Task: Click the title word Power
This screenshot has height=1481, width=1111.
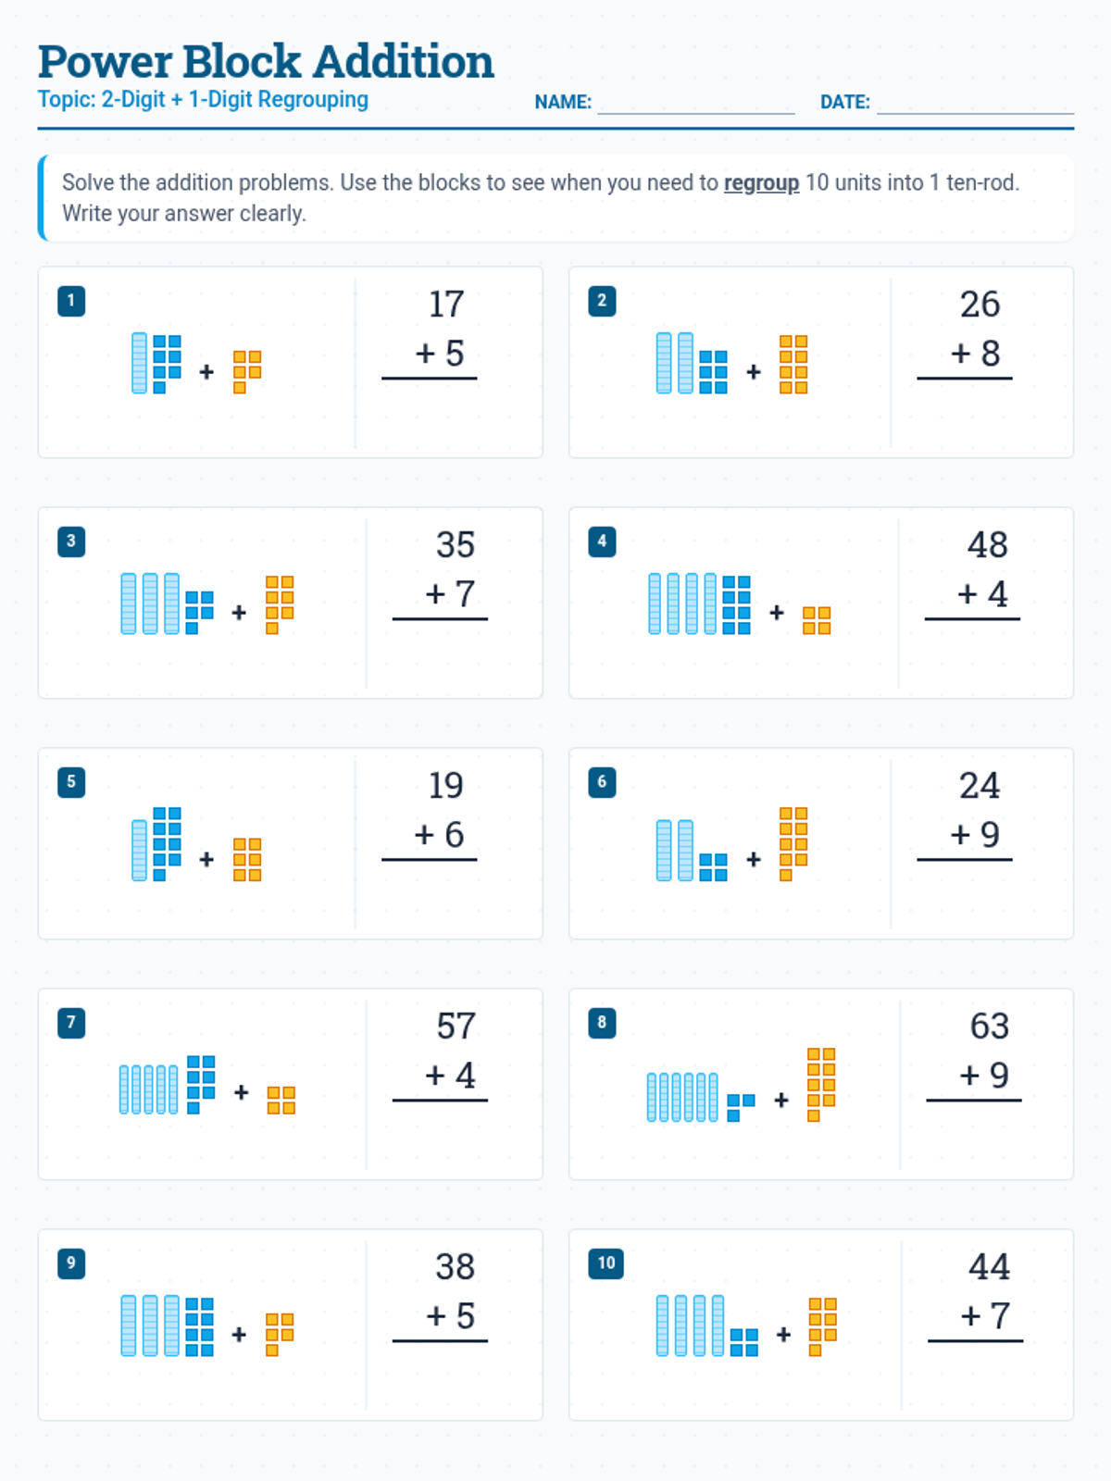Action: point(105,62)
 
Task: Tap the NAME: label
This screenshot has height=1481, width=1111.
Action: point(563,103)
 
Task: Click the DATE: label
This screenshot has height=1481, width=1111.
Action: point(844,103)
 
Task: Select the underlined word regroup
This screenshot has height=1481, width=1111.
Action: point(761,183)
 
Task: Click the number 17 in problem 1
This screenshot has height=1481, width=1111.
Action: point(445,305)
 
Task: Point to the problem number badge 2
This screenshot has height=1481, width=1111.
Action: point(602,301)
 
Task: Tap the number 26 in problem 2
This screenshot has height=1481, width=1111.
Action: point(980,305)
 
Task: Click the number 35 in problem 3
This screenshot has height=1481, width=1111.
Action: point(455,545)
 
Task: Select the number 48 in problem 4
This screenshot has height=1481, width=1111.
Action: point(987,545)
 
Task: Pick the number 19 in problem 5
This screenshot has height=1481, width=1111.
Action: point(445,786)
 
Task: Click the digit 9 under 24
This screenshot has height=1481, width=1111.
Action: point(990,835)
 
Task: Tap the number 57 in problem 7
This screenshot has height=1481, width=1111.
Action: point(456,1027)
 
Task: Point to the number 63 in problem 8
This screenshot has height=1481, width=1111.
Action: point(989,1027)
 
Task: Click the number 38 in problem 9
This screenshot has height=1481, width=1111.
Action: point(455,1267)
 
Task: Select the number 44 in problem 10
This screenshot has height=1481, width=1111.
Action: point(989,1267)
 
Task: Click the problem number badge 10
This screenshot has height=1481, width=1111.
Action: point(605,1263)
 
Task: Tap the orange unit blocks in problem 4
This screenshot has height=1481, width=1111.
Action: point(817,620)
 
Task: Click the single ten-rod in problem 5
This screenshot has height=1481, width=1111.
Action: point(140,850)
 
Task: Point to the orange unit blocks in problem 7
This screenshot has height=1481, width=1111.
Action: point(281,1101)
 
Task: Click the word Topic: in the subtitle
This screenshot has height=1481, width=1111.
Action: point(66,100)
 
